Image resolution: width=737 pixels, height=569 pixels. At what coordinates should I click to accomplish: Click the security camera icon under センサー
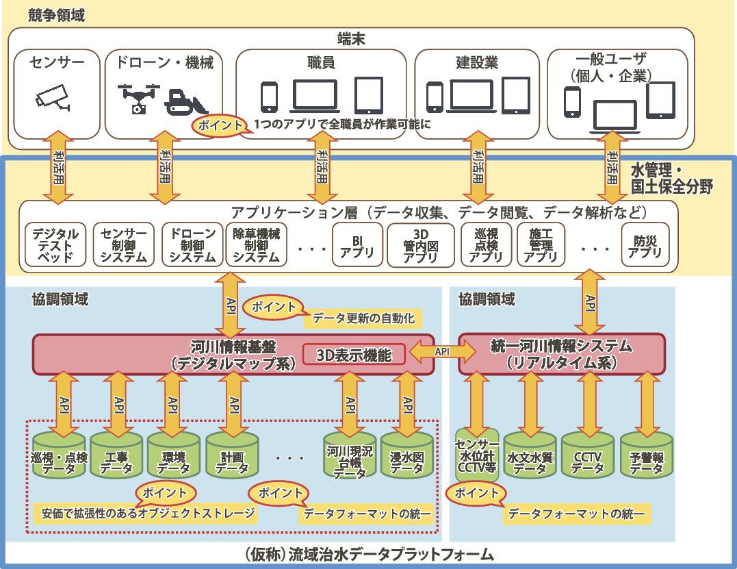click(x=53, y=98)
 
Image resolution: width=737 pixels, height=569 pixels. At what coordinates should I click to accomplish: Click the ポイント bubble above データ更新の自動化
click(x=273, y=305)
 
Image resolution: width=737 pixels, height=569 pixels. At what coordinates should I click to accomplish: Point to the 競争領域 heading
click(x=57, y=15)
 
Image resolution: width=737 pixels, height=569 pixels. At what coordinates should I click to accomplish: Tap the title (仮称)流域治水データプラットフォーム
click(x=369, y=553)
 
